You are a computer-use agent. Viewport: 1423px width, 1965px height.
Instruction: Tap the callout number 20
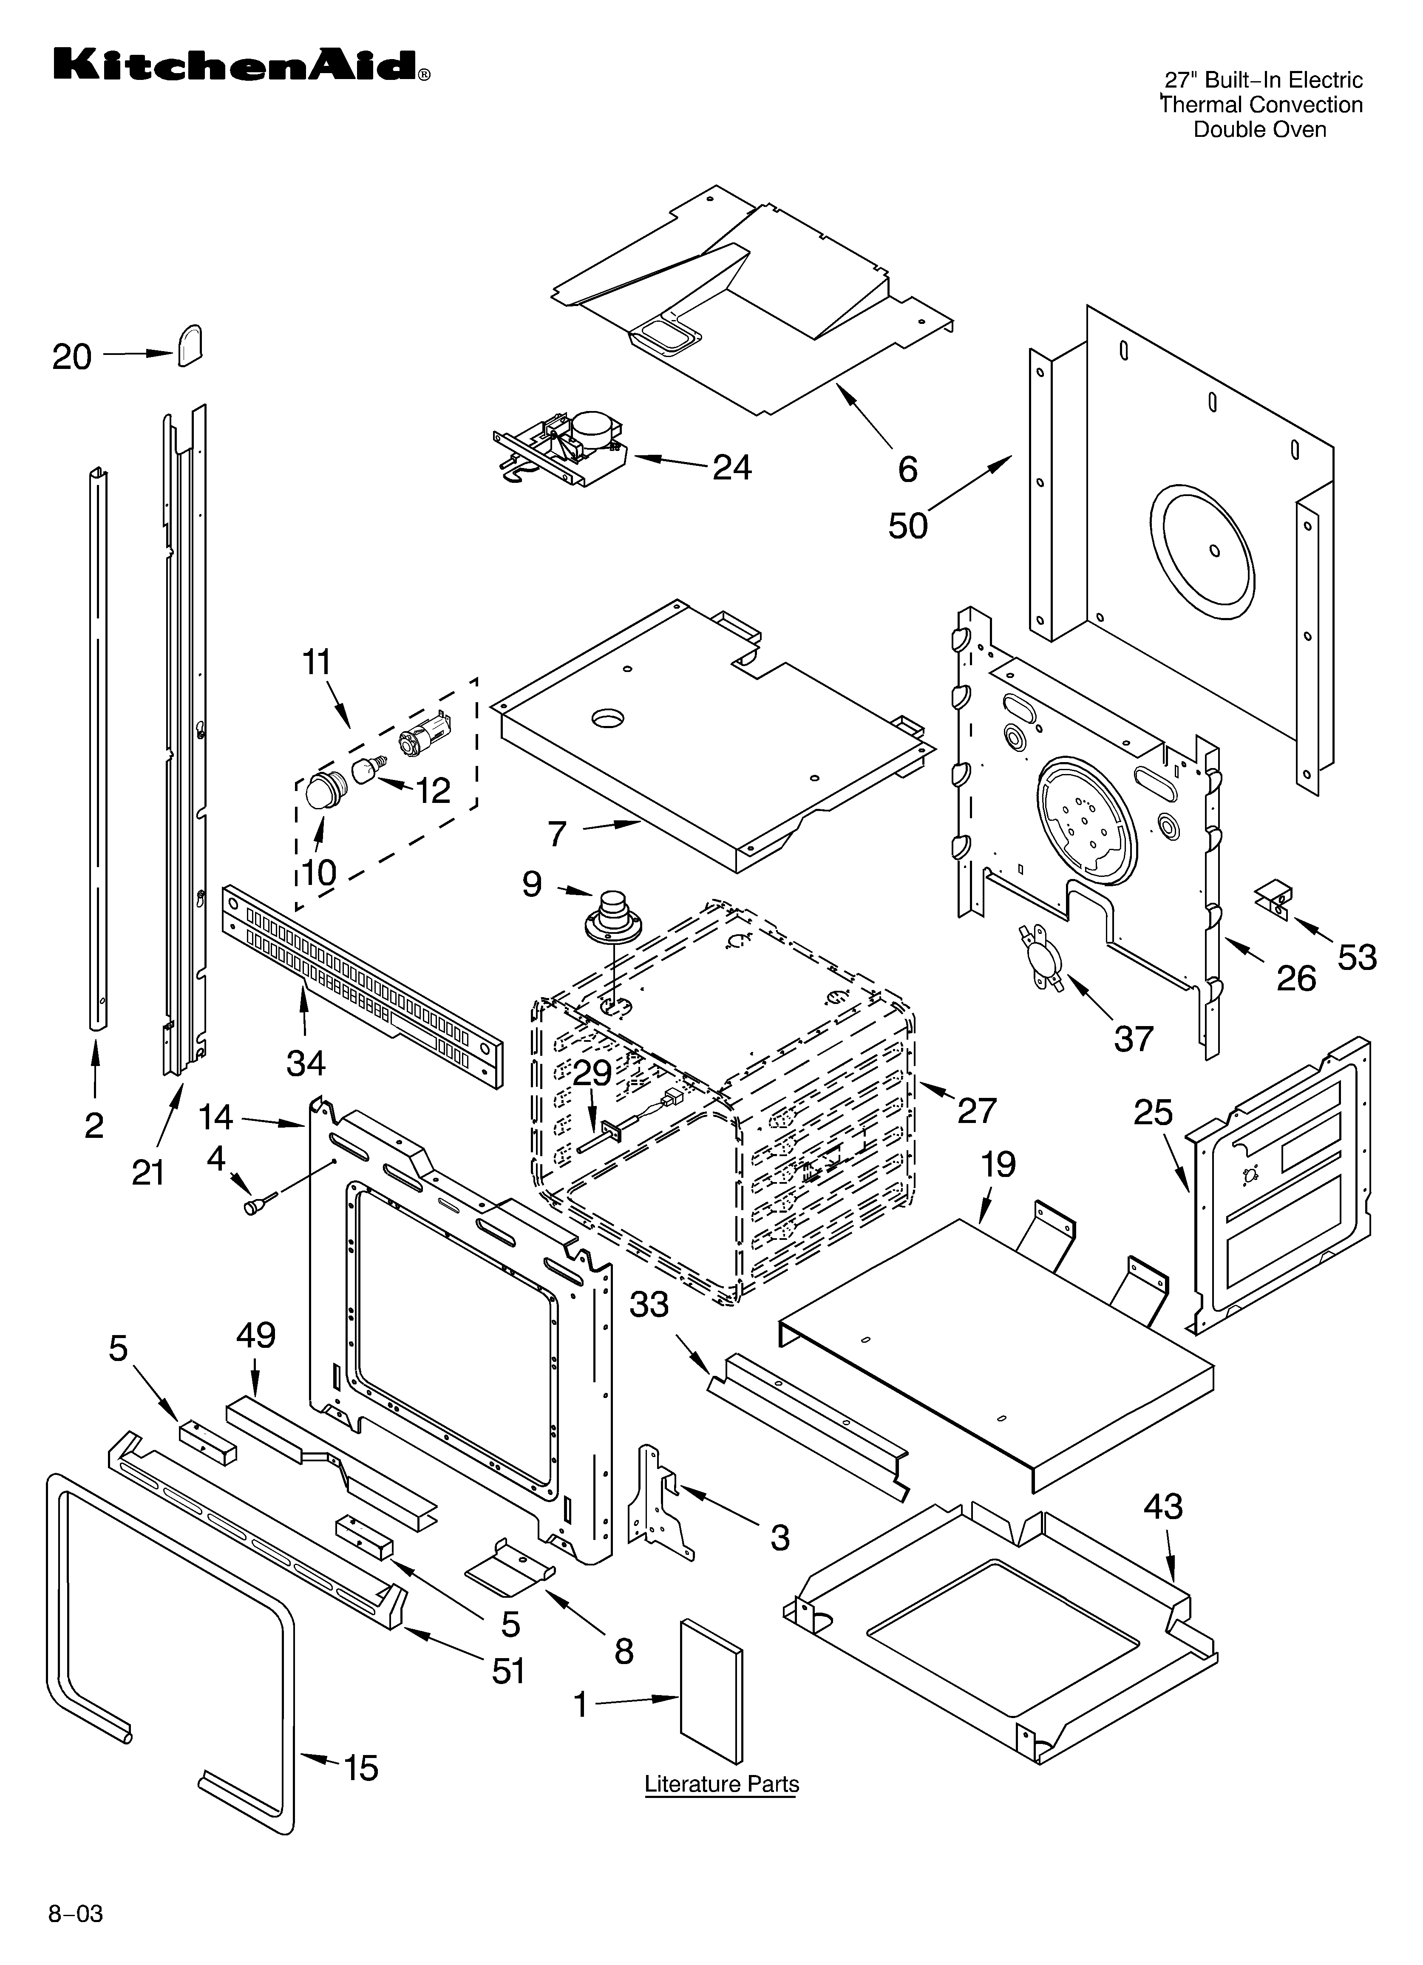point(72,357)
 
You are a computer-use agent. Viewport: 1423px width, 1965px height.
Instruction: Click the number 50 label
point(907,526)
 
